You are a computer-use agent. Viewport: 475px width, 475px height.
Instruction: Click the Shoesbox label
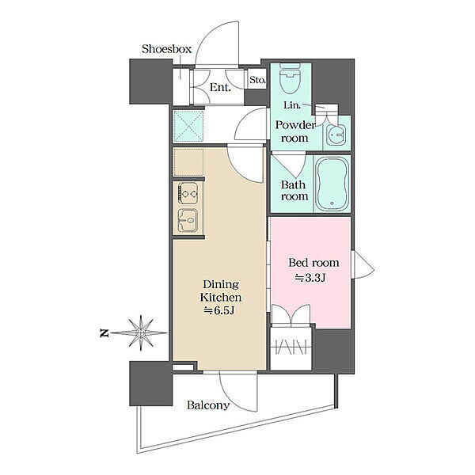[x=166, y=49]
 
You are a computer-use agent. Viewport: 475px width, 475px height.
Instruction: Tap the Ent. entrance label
[x=220, y=88]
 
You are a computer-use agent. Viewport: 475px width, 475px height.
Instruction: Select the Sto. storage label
[x=257, y=80]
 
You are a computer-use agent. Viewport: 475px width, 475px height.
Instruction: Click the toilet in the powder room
[x=291, y=78]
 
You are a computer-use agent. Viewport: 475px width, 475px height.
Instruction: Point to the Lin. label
[x=292, y=105]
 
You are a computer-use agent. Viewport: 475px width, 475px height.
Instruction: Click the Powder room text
[x=295, y=131]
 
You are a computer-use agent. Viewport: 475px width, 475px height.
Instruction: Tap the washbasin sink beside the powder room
[x=336, y=134]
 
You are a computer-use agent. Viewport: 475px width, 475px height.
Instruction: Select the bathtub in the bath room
[x=332, y=184]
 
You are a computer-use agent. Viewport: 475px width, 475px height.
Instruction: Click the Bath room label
[x=294, y=190]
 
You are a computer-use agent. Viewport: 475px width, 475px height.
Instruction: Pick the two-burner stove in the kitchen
[x=188, y=193]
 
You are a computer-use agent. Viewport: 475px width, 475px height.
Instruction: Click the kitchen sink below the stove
[x=188, y=220]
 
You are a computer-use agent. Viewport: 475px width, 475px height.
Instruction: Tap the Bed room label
[x=313, y=263]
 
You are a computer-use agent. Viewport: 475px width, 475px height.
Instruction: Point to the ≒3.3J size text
[x=310, y=278]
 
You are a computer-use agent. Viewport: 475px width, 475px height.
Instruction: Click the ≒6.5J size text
[x=219, y=310]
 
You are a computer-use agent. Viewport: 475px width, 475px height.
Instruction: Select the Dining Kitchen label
[x=221, y=291]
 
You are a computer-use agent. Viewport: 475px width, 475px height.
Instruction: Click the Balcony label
[x=208, y=405]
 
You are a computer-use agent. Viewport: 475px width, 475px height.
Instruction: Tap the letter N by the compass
[x=104, y=333]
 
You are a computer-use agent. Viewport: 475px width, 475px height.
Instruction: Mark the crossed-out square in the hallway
[x=188, y=127]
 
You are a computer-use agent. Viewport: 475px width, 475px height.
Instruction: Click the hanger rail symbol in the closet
[x=291, y=348]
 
